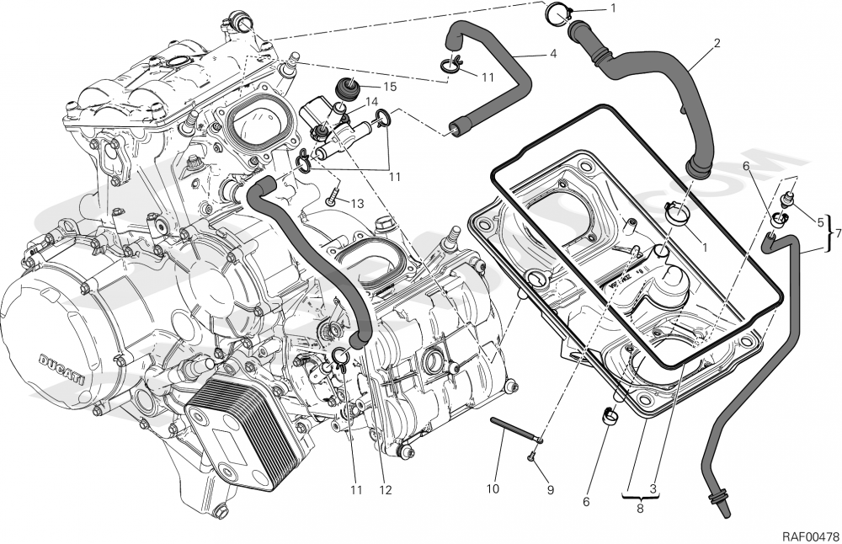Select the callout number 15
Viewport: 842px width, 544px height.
point(389,86)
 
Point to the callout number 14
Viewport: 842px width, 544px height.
point(371,101)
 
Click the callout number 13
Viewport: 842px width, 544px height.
point(358,203)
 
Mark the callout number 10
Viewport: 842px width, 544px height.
point(492,488)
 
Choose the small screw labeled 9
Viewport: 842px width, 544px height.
point(532,456)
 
